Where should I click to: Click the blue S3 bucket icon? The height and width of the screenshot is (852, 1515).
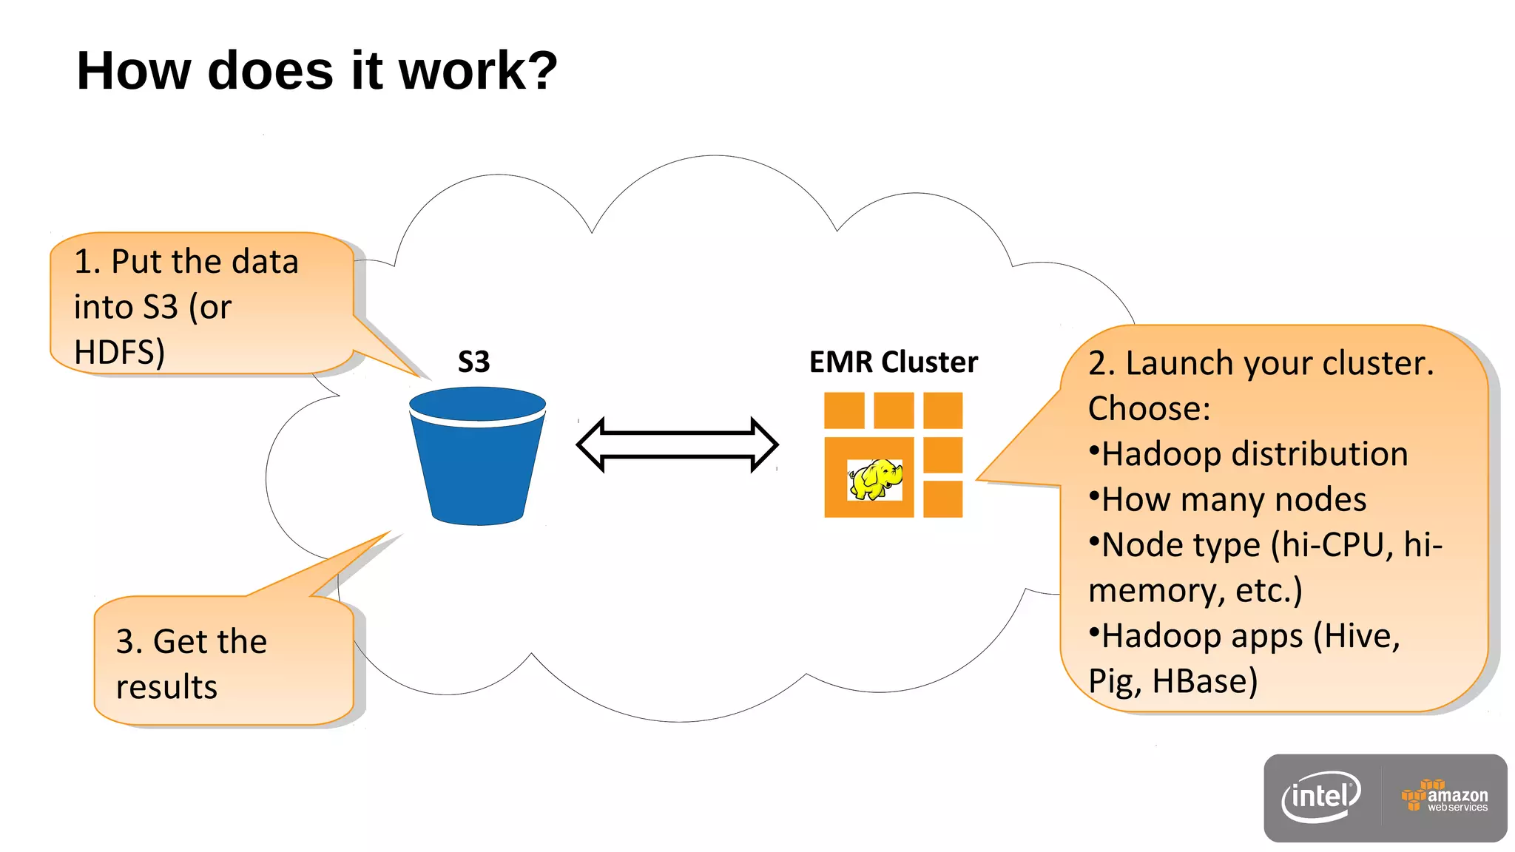click(x=477, y=459)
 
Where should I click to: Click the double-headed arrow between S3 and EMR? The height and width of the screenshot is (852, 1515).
click(x=677, y=444)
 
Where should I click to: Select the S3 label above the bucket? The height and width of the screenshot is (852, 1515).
click(x=473, y=362)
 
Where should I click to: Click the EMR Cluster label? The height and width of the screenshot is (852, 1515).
click(x=893, y=362)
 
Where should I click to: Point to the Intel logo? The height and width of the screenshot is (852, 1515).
click(x=1321, y=797)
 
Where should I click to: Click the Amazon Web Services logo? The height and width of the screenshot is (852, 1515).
click(x=1445, y=797)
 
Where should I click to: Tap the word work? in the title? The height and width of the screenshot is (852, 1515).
click(x=478, y=71)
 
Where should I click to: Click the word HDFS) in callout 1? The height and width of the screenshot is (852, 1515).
click(x=119, y=352)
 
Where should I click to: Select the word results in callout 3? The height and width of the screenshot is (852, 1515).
click(x=166, y=686)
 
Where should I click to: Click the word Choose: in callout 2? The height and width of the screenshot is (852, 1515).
click(x=1149, y=408)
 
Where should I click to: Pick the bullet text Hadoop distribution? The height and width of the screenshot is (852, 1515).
click(x=1254, y=454)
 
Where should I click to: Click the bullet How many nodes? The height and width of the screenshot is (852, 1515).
click(x=1233, y=499)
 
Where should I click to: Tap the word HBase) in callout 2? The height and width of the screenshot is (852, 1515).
click(x=1204, y=681)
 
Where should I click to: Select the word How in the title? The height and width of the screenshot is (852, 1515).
click(x=133, y=71)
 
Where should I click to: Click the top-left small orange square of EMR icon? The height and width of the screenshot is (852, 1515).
click(x=844, y=410)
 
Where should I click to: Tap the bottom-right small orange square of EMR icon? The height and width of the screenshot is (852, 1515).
click(x=942, y=499)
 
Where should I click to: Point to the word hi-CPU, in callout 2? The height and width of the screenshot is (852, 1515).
click(x=1332, y=545)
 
